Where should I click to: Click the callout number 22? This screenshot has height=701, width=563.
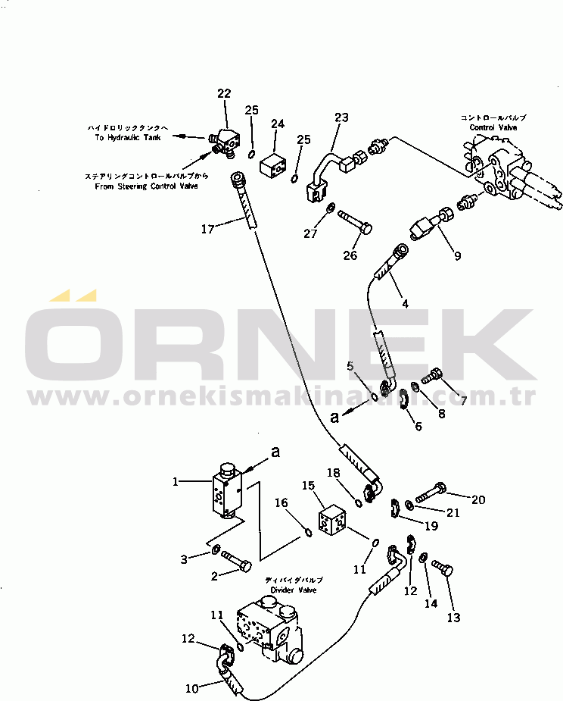(x=223, y=93)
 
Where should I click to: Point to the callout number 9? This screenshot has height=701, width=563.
(x=456, y=255)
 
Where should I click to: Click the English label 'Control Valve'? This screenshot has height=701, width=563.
(x=493, y=127)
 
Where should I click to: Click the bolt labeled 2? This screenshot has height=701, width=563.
(x=238, y=565)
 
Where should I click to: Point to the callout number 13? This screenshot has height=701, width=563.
(x=453, y=618)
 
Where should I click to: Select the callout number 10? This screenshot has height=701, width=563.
(x=192, y=689)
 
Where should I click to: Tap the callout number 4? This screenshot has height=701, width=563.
(x=405, y=304)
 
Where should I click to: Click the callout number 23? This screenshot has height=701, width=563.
(x=341, y=117)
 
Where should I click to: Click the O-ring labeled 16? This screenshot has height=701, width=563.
(x=307, y=531)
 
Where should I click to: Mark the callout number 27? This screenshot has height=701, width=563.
(x=311, y=233)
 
